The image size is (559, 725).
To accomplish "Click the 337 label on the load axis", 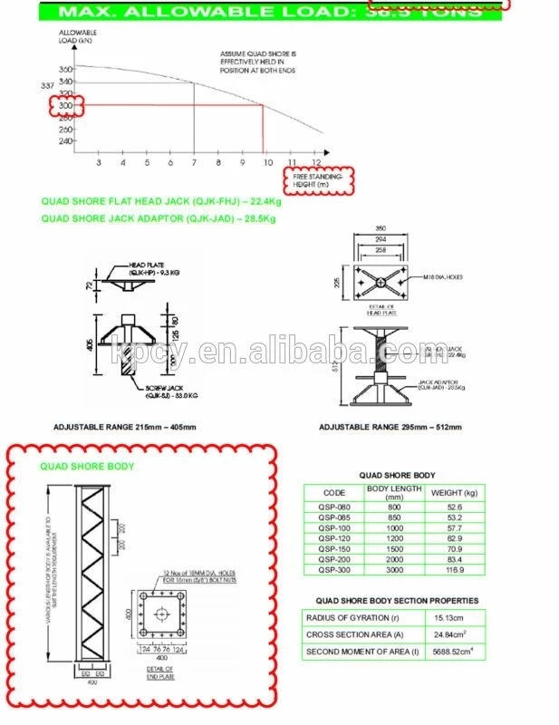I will [x=48, y=86].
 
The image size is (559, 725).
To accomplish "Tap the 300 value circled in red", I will [x=65, y=106].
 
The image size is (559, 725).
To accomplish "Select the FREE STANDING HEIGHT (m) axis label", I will [x=324, y=180].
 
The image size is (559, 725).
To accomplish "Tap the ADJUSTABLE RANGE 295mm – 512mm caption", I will [x=390, y=427].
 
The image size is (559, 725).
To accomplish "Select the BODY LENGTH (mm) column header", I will [x=394, y=493].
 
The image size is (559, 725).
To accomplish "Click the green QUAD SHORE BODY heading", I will [x=87, y=467].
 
